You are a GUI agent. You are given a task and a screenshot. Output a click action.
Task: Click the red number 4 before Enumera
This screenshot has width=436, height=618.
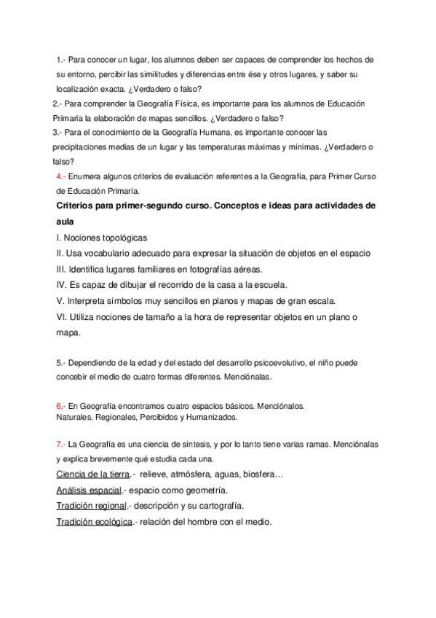[x=59, y=176]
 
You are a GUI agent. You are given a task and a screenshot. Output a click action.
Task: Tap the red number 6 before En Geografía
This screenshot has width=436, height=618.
[x=59, y=405]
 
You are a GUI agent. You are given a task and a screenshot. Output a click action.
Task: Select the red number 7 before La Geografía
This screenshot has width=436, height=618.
[x=59, y=444]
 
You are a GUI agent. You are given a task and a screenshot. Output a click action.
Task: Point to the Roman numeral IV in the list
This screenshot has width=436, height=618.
[x=62, y=284]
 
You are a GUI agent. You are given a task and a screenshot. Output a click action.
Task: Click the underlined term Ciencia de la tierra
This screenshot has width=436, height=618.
[x=92, y=474]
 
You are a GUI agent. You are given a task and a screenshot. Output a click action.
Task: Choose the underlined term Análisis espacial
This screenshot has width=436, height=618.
[x=89, y=490]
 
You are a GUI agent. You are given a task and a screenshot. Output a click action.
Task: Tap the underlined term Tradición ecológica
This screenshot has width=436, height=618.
[x=94, y=522]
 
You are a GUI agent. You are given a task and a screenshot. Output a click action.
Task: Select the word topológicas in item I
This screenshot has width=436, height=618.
[x=121, y=238]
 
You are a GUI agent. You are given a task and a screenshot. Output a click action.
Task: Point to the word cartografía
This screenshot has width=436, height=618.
[x=217, y=506]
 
